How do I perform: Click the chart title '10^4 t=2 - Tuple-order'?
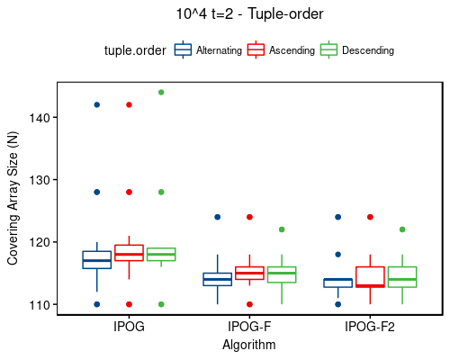pos(249,14)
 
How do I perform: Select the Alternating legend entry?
pos(208,50)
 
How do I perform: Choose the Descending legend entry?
pos(357,50)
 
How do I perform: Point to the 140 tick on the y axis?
pos(40,118)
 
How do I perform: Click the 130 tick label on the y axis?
pos(40,180)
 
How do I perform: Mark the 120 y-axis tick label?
pos(40,242)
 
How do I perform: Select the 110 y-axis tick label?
pos(40,305)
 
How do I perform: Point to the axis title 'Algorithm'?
pos(249,345)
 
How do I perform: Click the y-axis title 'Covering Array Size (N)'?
pos(13,198)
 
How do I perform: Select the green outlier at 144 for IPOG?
pos(161,93)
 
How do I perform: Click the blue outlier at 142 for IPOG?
pos(97,105)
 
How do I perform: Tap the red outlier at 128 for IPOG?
pos(130,193)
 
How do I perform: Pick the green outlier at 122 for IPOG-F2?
pos(401,229)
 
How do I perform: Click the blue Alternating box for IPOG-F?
pos(217,279)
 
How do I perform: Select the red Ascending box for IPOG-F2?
pos(370,277)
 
